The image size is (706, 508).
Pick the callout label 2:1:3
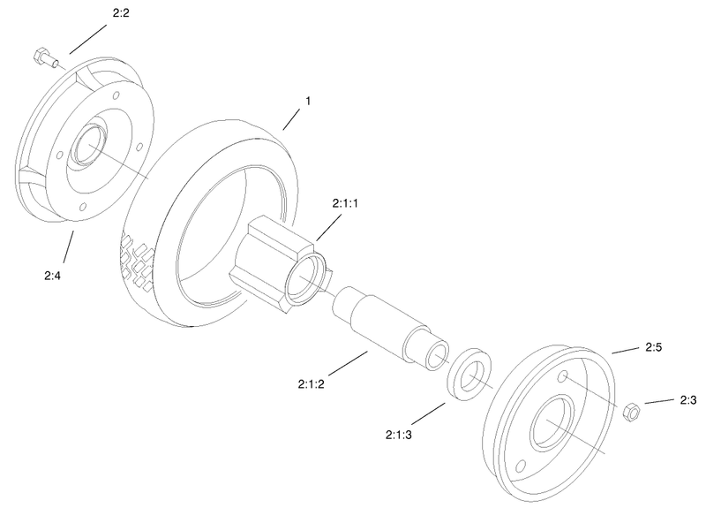(401, 435)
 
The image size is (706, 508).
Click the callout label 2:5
(653, 347)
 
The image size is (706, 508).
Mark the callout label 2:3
(689, 400)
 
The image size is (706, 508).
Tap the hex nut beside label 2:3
(631, 410)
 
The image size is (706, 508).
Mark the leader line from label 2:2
(88, 39)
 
